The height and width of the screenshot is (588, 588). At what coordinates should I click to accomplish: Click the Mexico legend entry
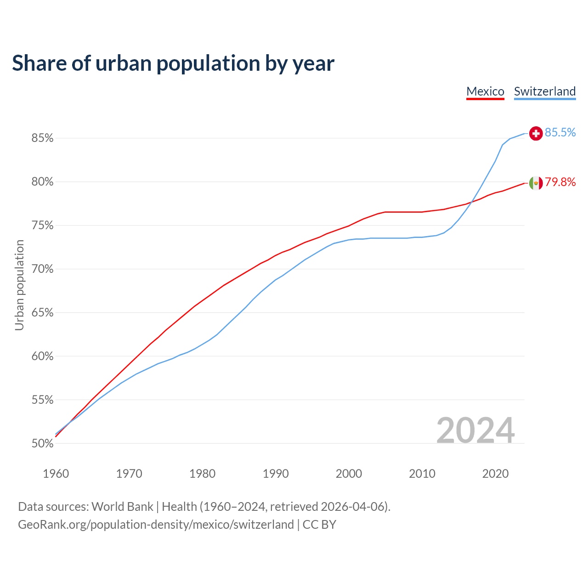point(485,91)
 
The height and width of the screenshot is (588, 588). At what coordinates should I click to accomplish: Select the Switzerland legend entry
point(544,91)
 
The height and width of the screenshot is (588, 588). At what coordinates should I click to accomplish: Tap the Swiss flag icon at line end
point(536,133)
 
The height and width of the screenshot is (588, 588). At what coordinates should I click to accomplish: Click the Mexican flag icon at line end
point(536,183)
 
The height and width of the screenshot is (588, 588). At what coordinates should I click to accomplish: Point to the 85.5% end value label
point(560,133)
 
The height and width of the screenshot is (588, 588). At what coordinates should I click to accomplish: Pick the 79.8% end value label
point(560,182)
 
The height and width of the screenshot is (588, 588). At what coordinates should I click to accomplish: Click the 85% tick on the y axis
point(43,138)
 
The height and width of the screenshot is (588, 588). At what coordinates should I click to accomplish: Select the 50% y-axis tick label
point(43,444)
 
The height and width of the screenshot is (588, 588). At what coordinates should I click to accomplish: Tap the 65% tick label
point(43,313)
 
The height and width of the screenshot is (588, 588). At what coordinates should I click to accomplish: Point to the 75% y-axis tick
point(43,226)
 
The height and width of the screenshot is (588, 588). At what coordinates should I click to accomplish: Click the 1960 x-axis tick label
point(56,474)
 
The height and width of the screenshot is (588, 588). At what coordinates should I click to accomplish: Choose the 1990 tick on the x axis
point(276,474)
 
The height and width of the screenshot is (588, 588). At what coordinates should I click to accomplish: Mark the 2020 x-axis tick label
point(495,474)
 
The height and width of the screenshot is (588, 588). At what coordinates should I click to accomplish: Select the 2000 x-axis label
point(349,474)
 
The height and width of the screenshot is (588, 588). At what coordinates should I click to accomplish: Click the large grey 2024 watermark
point(475,430)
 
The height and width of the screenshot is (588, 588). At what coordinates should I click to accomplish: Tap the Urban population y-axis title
point(19,285)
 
